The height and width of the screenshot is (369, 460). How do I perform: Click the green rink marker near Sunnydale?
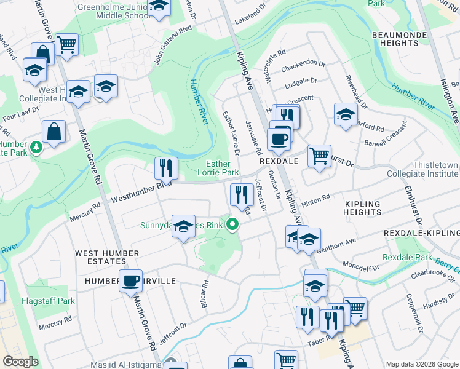pyautogui.click(x=232, y=226)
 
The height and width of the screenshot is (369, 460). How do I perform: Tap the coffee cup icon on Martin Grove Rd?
pyautogui.click(x=130, y=280)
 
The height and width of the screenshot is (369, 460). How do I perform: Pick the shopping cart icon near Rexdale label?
pyautogui.click(x=319, y=156)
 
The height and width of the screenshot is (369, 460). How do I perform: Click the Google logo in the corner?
pyautogui.click(x=20, y=362)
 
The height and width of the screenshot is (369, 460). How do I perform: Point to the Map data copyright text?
pyautogui.click(x=421, y=364)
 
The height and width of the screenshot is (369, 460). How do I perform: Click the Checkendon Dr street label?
pyautogui.click(x=304, y=62)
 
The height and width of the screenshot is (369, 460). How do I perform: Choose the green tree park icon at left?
pyautogui.click(x=36, y=146)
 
